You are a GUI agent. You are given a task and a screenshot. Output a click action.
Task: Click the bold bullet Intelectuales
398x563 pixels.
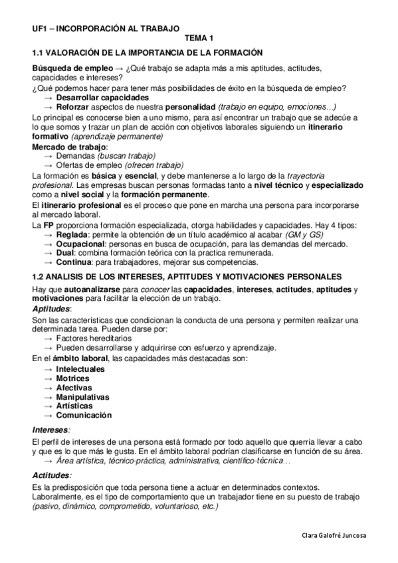[80, 368]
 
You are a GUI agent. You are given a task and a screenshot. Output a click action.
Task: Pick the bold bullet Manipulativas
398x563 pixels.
[83, 396]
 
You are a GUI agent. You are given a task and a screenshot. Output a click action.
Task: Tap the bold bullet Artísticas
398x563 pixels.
[74, 406]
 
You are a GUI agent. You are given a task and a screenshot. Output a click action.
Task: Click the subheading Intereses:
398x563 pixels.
[51, 430]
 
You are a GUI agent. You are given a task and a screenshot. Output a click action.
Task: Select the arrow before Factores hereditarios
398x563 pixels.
[49, 338]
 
